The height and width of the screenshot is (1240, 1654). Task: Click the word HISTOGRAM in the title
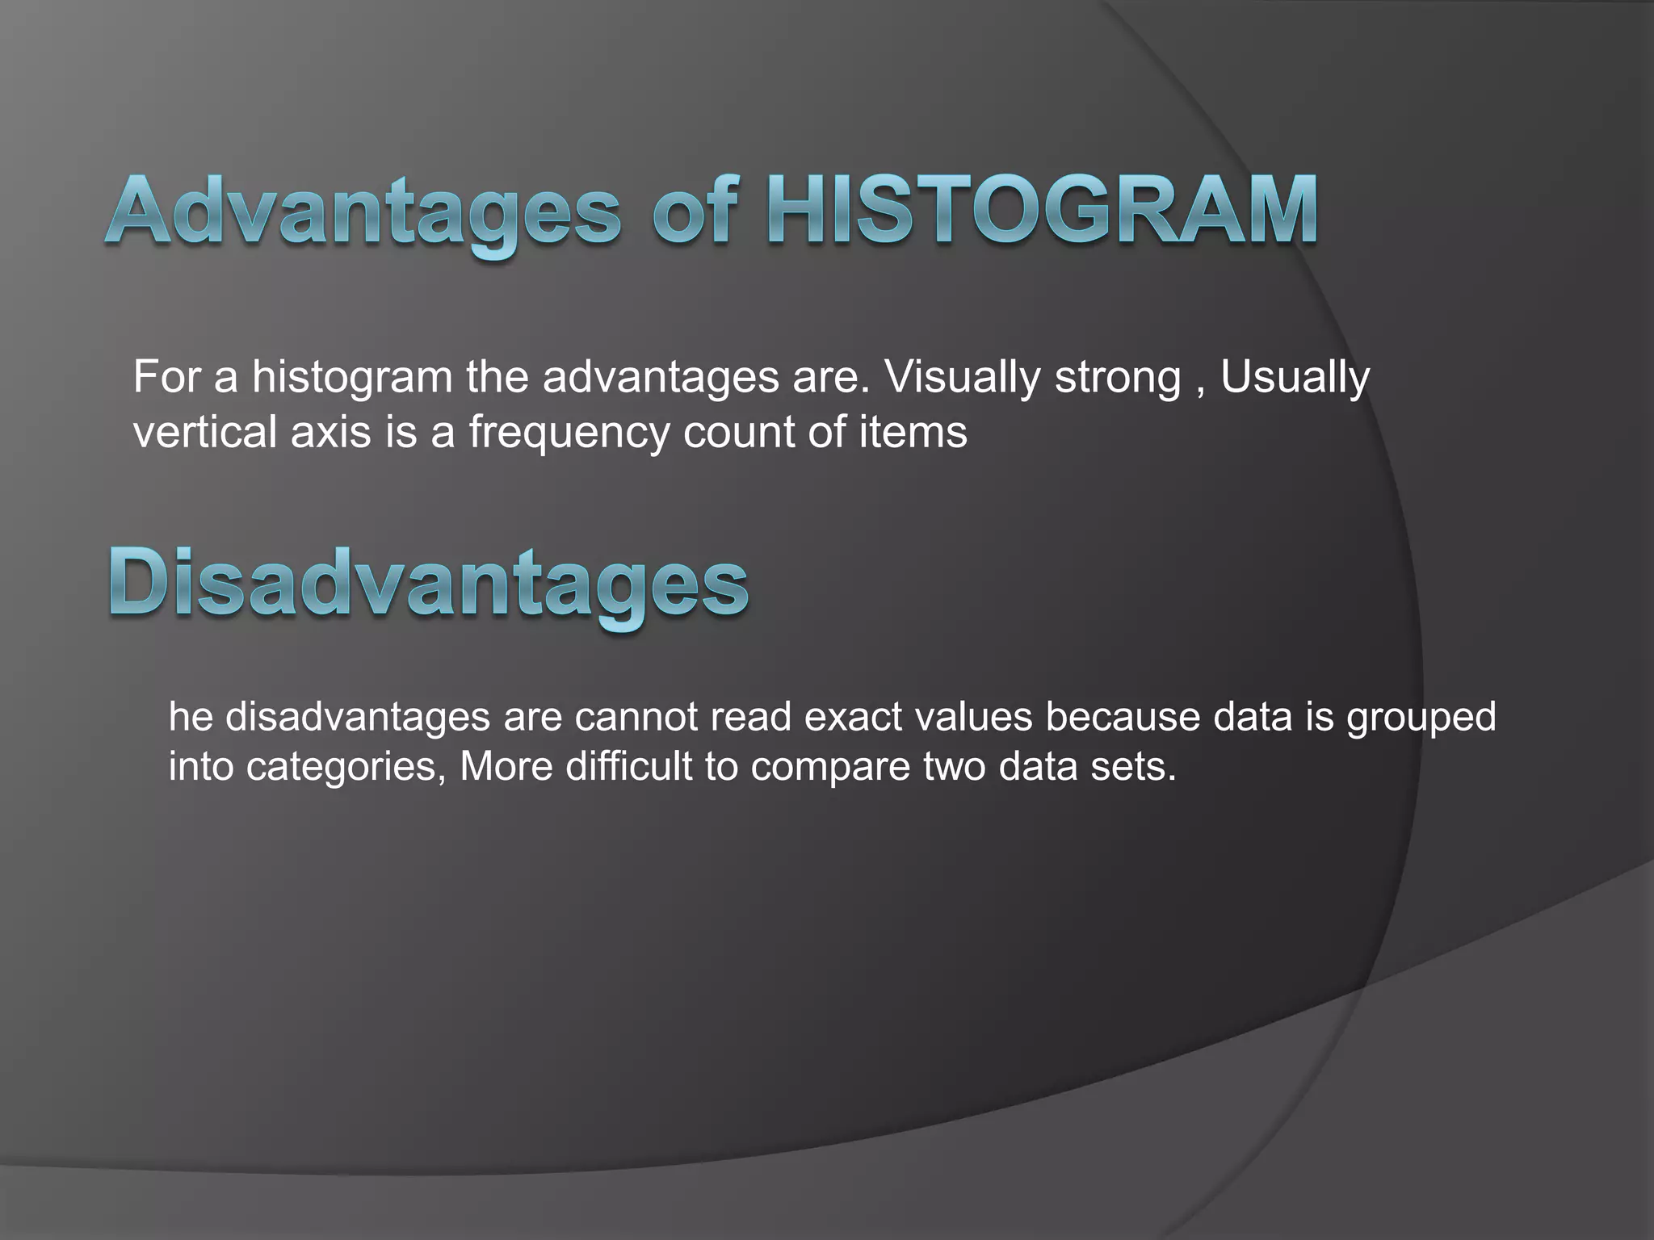(x=1042, y=212)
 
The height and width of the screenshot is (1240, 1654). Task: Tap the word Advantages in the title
(x=363, y=212)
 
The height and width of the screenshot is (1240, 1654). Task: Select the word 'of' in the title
(x=696, y=212)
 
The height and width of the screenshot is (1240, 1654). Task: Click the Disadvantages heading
(x=428, y=583)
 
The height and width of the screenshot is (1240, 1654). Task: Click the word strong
(x=1118, y=378)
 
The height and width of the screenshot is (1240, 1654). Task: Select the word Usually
(x=1295, y=378)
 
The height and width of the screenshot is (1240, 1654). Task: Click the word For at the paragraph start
(x=166, y=378)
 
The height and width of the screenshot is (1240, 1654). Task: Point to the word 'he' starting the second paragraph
(x=190, y=717)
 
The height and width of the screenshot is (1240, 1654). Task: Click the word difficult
(x=628, y=765)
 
